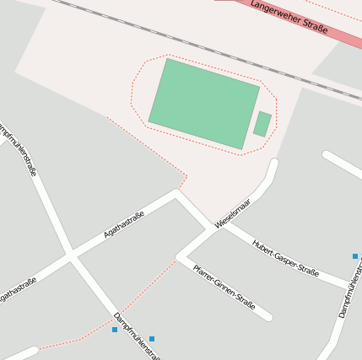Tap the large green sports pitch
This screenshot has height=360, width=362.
point(204,103)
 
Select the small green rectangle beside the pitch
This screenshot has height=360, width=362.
point(262,124)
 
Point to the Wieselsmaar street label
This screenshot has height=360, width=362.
point(232,213)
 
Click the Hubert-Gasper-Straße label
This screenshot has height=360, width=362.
point(284,258)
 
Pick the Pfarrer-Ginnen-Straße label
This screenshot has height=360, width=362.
point(224,287)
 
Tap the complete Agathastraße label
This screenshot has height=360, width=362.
point(124,225)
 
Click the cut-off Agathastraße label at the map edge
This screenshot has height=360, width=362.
point(17,292)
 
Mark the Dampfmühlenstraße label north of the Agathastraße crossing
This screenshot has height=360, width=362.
point(19,148)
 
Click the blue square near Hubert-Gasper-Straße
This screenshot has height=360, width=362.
point(355,255)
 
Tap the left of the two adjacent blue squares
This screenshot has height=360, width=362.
point(115,330)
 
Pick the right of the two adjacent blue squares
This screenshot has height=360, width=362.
point(152,339)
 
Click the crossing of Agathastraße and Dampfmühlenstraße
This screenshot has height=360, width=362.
point(71,255)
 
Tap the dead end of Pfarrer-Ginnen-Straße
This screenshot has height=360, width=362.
point(268,318)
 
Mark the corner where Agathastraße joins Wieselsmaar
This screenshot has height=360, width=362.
point(176,193)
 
